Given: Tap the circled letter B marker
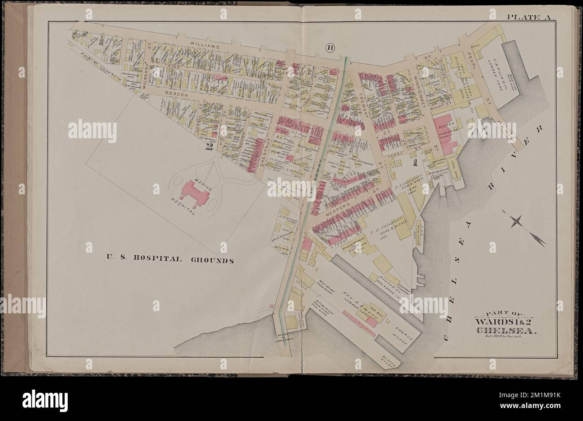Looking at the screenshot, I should point(331,48).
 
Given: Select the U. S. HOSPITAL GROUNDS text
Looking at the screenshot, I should point(170,259).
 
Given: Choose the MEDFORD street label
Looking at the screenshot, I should point(341,208).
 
